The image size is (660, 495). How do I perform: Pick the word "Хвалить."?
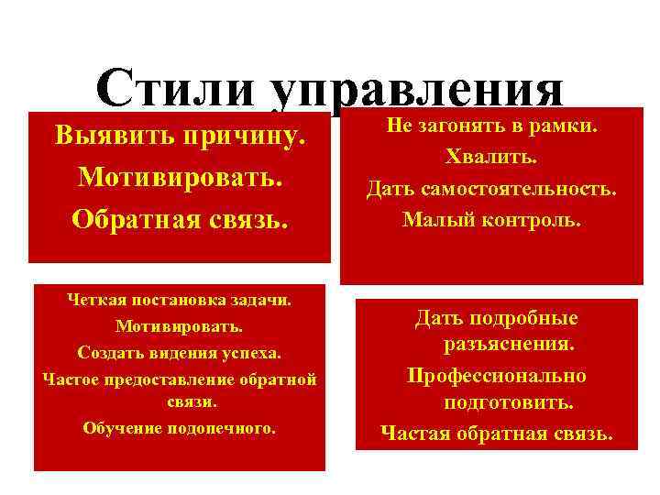pos(491,158)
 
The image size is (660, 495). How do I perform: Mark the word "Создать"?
pos(104,351)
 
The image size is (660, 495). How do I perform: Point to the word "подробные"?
pos(523,318)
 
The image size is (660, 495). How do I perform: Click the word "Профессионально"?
pos(497,376)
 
